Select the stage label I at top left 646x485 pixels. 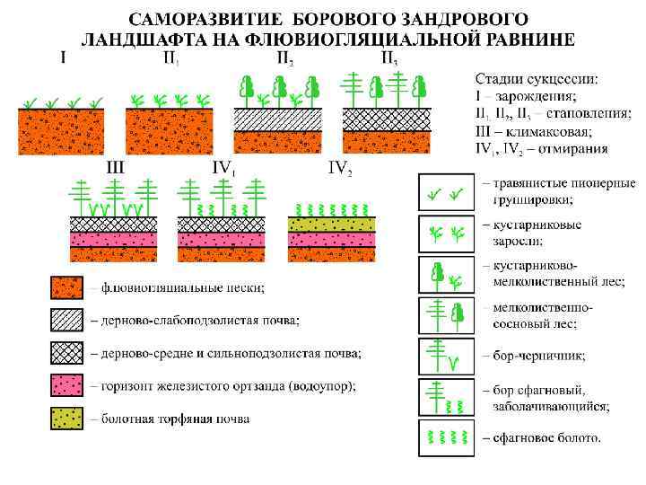[x=63, y=58]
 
